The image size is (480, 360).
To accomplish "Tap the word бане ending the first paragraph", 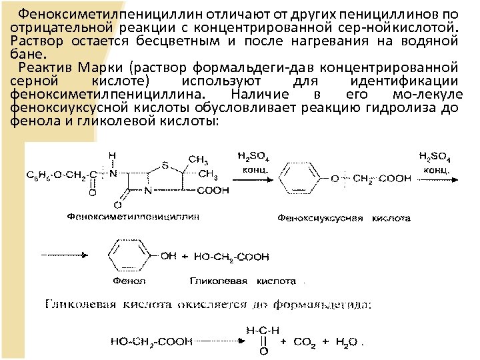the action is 27,53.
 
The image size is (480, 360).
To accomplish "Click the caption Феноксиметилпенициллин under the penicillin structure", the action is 133,216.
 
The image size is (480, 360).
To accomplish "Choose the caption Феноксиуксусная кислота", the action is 344,218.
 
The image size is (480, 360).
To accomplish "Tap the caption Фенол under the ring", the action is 125,281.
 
